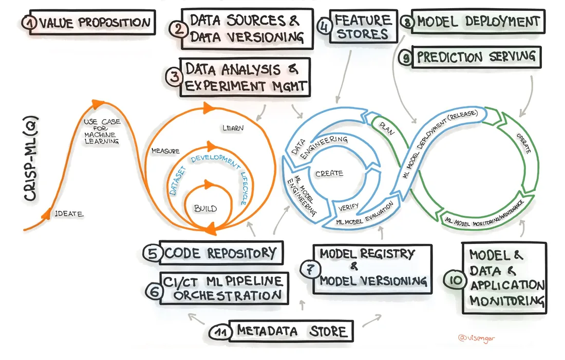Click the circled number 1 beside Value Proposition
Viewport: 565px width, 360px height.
click(x=29, y=23)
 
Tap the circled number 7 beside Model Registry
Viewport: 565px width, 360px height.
click(x=310, y=269)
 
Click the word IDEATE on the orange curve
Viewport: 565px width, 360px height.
click(x=69, y=214)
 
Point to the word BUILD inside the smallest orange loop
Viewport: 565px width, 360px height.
click(x=205, y=209)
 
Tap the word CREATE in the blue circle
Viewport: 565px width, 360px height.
click(x=329, y=174)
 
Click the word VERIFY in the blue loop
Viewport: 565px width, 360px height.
click(x=348, y=207)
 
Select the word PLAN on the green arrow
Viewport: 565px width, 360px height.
click(x=387, y=128)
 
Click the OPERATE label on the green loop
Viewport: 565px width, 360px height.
click(x=523, y=143)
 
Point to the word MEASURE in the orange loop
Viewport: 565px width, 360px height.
click(x=165, y=151)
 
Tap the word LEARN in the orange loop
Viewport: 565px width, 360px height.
click(x=233, y=128)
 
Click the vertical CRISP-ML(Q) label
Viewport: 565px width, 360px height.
click(x=31, y=159)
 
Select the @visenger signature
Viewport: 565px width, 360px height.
click(x=476, y=338)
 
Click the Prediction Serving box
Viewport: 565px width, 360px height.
click(x=476, y=57)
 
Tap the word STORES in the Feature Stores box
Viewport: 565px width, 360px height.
click(x=362, y=34)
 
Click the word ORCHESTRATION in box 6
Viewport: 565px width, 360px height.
click(x=228, y=295)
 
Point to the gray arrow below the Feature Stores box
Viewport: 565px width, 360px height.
click(x=344, y=77)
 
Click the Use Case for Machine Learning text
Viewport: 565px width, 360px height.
click(x=102, y=131)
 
